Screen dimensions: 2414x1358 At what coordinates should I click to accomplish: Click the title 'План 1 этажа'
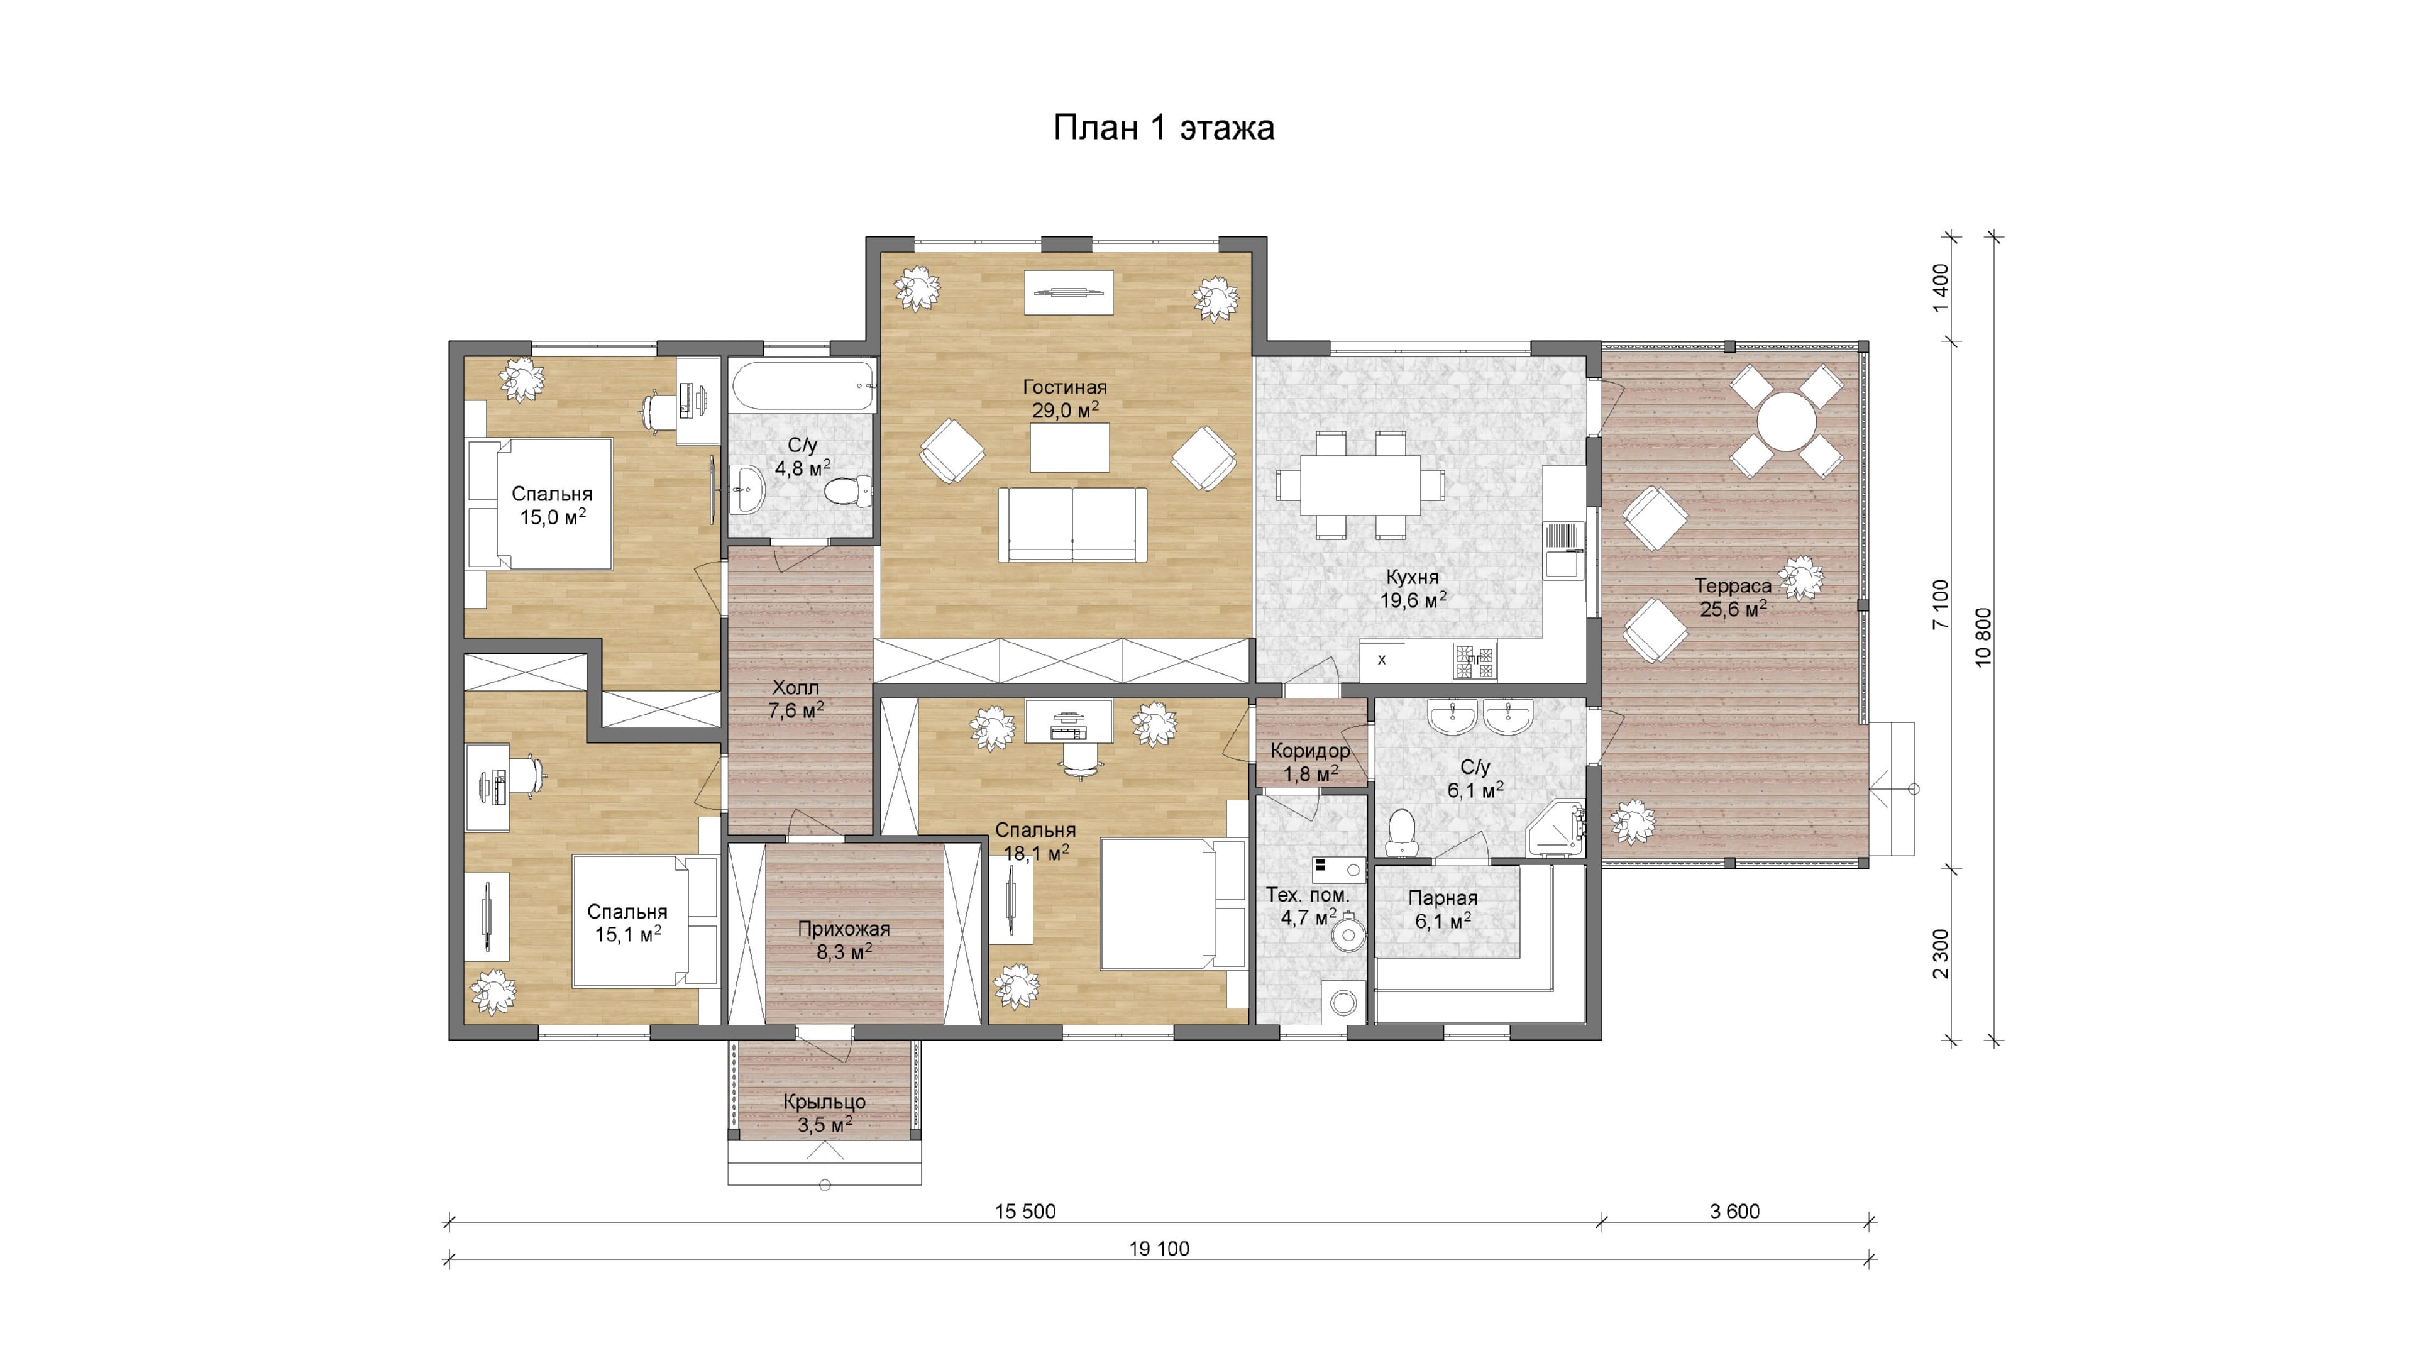tap(1163, 128)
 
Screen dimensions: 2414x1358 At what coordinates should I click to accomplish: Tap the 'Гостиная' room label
tap(1064, 386)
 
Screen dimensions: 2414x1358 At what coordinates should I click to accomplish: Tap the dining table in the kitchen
tap(1360, 485)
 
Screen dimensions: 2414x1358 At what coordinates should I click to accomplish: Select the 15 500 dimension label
tap(1025, 1211)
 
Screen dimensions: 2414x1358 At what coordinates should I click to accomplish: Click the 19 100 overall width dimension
tap(1159, 1249)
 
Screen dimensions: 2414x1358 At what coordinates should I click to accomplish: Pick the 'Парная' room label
tap(1443, 898)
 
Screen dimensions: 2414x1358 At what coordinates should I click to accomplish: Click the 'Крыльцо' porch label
tap(825, 1102)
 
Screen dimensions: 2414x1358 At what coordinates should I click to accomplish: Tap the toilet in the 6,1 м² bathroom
tap(1401, 831)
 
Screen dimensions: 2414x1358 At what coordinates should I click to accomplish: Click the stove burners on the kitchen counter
tap(1475, 660)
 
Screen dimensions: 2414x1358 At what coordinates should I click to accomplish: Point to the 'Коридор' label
tap(1310, 751)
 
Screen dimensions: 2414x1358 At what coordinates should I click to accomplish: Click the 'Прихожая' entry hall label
tap(844, 929)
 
